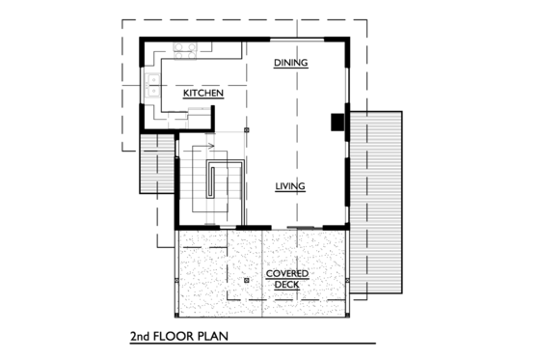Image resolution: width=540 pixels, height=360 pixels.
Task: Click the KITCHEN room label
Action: coord(203,94)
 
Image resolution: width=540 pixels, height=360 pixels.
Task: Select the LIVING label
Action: coord(290,186)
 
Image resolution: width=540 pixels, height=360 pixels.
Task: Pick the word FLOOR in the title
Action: coord(180,339)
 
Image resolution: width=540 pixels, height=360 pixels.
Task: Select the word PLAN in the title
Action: coord(220,339)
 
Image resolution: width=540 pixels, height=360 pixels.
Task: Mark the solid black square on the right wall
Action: coord(337,121)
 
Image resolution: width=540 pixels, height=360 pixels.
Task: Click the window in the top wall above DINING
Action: coord(289,39)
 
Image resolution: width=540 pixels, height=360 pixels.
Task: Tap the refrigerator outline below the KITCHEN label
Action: coord(199,117)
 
